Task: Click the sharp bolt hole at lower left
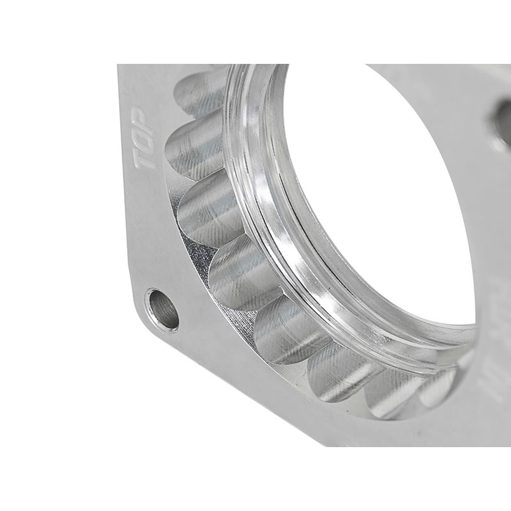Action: (x=162, y=309)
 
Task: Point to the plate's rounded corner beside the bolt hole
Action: (x=142, y=319)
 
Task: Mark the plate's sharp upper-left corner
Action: (x=119, y=65)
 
